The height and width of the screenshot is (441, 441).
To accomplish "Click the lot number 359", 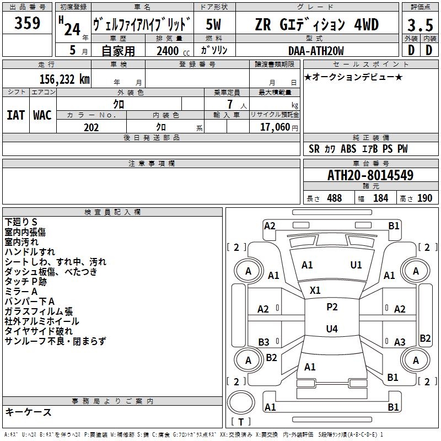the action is [x=28, y=24].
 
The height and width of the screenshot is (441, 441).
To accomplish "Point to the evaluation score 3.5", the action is [x=420, y=25].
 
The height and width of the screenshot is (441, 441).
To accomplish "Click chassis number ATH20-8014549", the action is [x=370, y=175].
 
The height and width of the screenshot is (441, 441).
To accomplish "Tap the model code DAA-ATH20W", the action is [x=316, y=51].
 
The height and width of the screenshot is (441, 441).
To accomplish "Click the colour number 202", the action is [x=91, y=127].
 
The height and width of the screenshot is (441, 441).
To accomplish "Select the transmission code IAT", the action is [x=15, y=115].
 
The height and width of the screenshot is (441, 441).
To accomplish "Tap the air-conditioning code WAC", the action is [x=42, y=115].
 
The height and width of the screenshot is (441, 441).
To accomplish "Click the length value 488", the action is [x=334, y=198].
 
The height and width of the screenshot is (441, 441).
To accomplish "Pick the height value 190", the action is [x=424, y=198].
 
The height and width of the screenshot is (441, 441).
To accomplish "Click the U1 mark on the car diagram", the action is [x=356, y=265].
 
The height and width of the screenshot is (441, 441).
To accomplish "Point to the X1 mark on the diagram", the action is [x=315, y=290].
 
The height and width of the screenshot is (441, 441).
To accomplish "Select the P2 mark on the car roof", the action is [x=332, y=307].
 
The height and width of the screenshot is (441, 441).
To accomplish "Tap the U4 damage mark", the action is [x=331, y=329].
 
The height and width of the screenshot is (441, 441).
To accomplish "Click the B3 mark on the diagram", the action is [x=263, y=342].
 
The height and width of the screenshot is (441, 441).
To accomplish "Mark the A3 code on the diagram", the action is [x=400, y=342].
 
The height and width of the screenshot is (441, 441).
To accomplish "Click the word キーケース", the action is [x=28, y=412].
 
